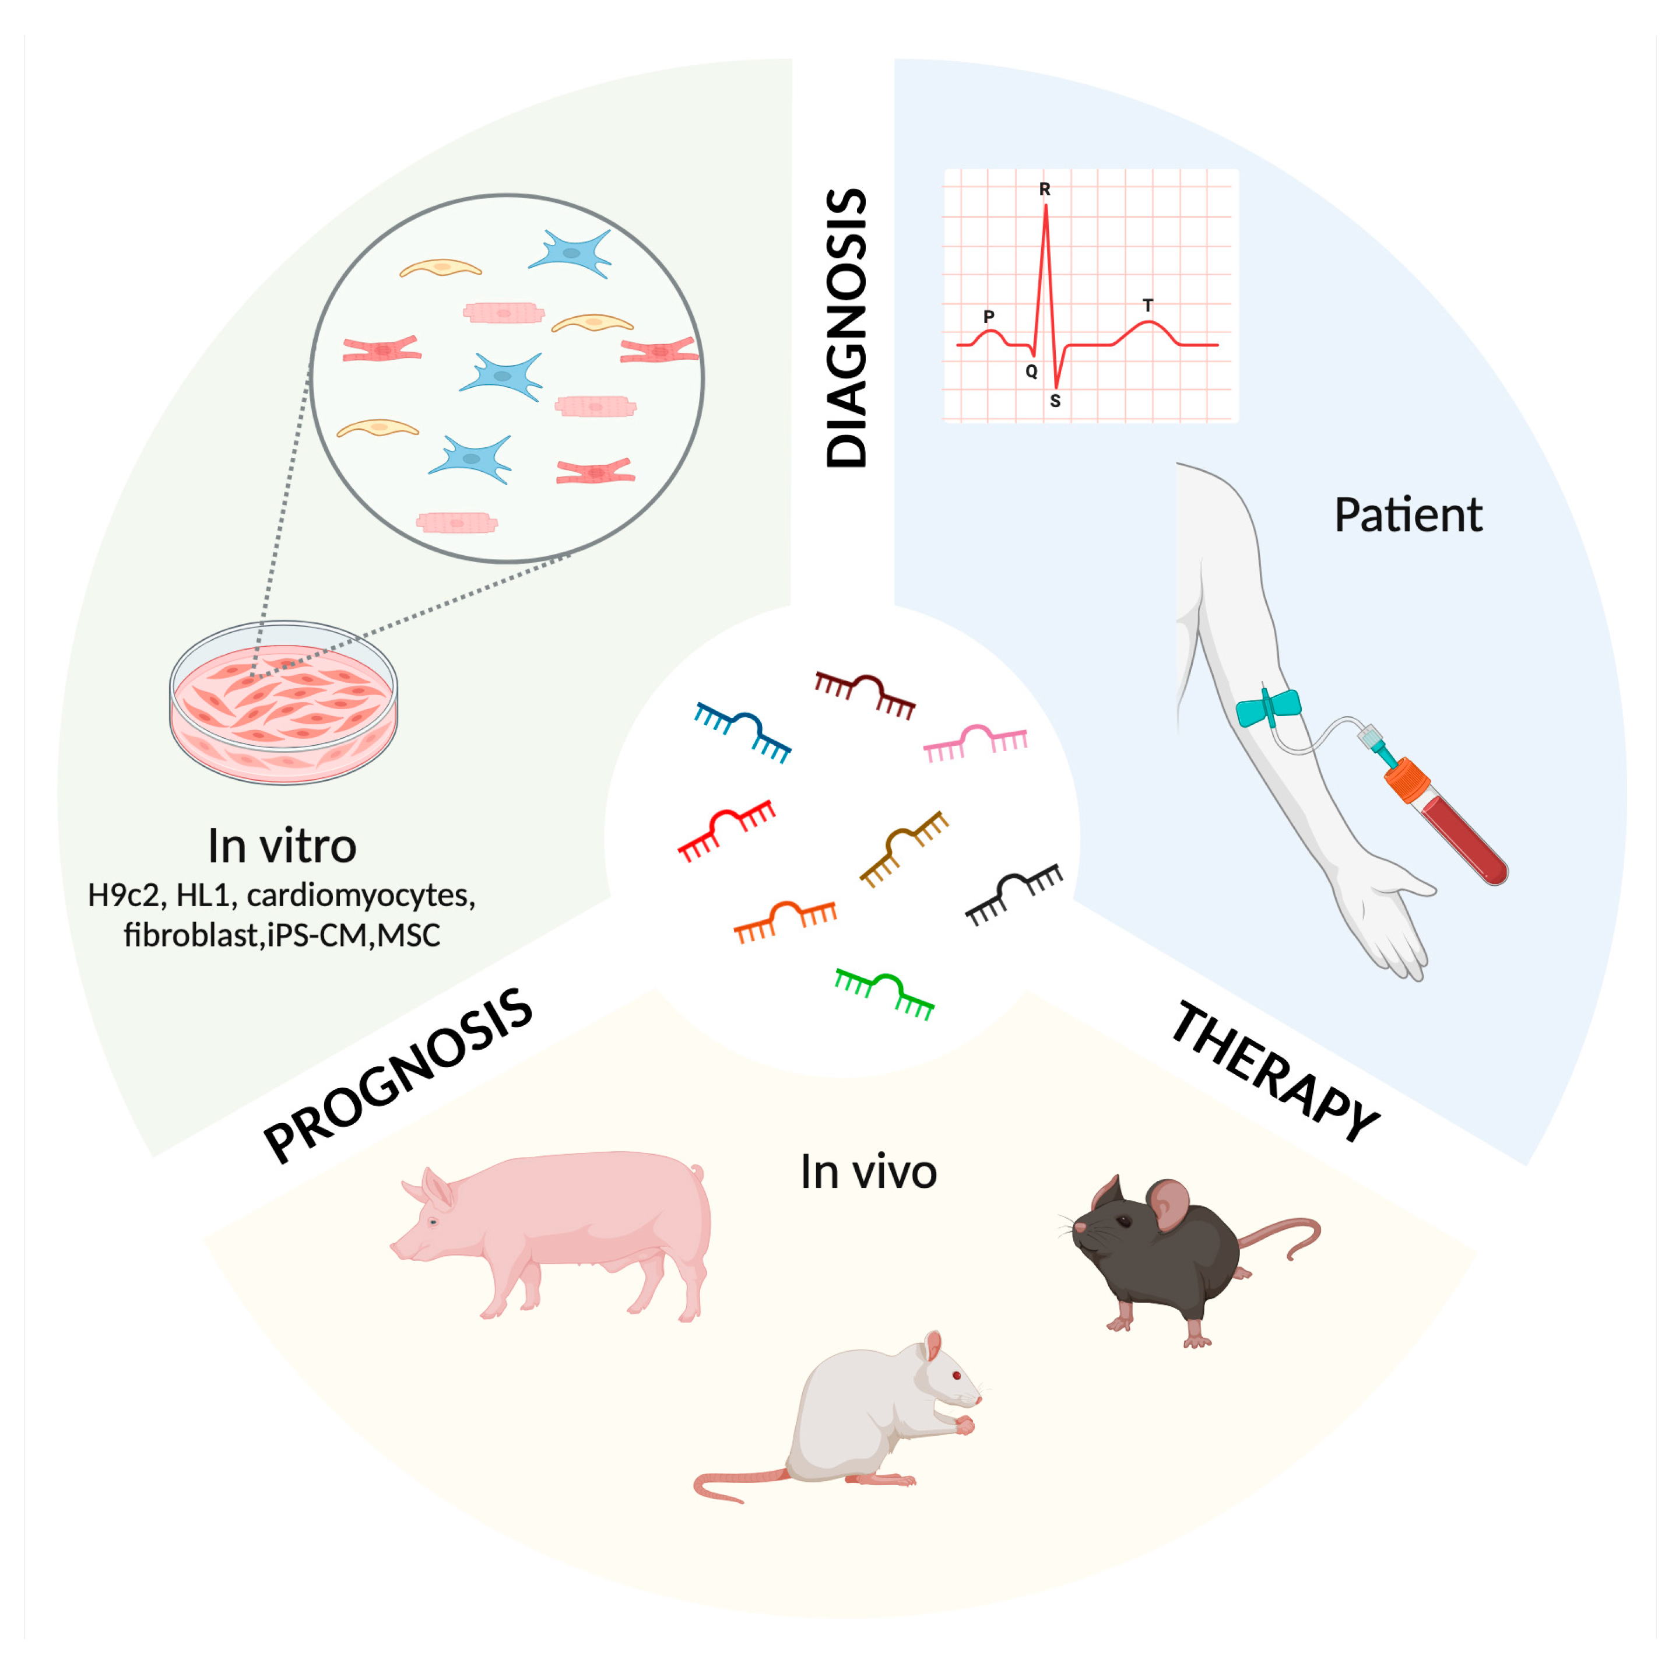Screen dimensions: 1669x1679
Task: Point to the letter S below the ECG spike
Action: [1055, 401]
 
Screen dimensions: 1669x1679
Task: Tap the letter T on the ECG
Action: [1147, 305]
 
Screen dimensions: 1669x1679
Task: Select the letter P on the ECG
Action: [988, 317]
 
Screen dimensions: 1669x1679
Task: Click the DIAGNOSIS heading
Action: [845, 328]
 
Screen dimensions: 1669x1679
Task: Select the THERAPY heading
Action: [1275, 1071]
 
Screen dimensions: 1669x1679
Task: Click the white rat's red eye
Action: [957, 1375]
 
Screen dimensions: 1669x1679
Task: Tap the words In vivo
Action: [868, 1172]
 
